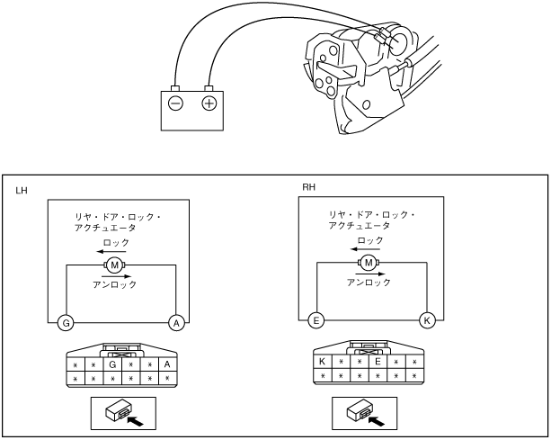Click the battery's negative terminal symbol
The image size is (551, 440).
175,103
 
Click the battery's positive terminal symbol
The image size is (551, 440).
209,103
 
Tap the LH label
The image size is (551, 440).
22,191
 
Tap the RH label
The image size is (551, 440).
308,187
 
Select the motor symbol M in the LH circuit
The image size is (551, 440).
115,265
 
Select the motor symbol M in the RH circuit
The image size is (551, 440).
369,263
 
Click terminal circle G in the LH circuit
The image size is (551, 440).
65,322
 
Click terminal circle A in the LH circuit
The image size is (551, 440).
176,322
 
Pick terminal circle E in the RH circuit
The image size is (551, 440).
315,319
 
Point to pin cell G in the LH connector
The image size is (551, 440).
112,365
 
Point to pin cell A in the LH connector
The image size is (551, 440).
167,365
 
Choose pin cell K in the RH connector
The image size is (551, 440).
322,362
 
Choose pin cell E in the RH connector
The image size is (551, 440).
378,362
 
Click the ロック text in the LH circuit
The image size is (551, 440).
117,243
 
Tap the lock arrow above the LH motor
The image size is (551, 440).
116,252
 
